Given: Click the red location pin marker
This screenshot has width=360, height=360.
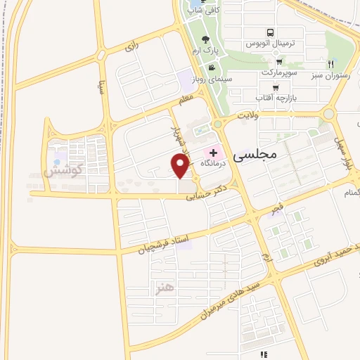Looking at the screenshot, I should tap(180, 166).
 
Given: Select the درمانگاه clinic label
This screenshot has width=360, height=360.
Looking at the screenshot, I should tap(217, 163).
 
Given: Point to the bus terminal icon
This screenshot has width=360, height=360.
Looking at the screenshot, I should tap(270, 32).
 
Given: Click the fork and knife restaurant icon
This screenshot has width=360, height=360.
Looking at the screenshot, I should tap(330, 64).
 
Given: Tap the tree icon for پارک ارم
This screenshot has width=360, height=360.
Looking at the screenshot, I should tap(205, 39).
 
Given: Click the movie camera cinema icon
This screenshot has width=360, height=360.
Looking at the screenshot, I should tap(210, 68).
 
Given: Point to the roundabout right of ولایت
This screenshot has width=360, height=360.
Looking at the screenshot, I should tap(328, 113).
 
